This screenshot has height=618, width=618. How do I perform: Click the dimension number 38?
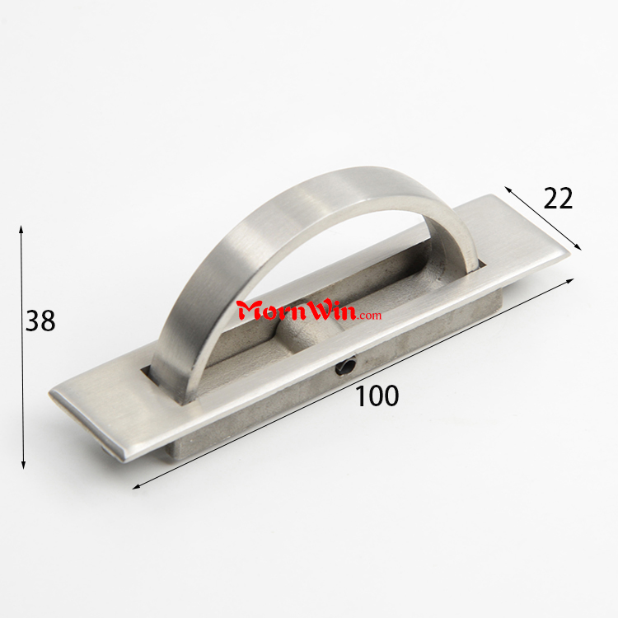tap(40, 321)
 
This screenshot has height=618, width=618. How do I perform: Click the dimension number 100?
tap(377, 396)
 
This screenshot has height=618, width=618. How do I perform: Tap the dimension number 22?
tap(558, 199)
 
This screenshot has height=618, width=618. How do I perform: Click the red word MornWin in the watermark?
tap(297, 311)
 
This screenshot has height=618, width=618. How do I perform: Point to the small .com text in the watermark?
tap(370, 316)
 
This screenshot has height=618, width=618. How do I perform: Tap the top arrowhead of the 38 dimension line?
tap(21, 230)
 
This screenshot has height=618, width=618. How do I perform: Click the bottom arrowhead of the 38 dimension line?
tap(23, 464)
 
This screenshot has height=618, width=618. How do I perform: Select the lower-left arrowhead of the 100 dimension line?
tap(136, 487)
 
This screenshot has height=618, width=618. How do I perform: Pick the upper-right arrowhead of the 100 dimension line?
tap(569, 281)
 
